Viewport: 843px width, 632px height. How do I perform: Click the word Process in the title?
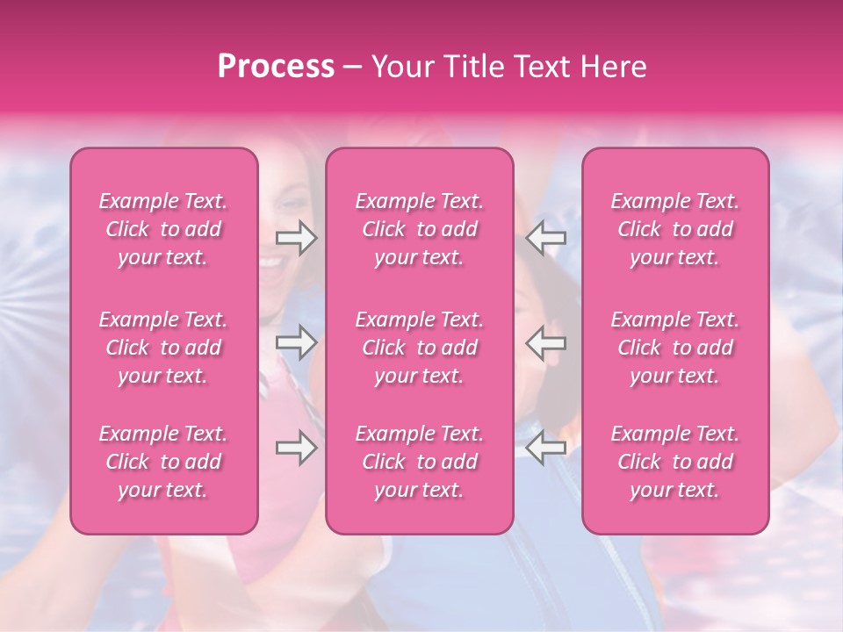tap(276, 67)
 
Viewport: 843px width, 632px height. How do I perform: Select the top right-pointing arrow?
tap(296, 239)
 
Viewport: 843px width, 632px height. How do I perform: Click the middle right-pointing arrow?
tap(296, 342)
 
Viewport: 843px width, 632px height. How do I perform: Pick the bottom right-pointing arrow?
tap(296, 448)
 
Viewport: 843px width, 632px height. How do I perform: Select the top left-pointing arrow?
tap(546, 239)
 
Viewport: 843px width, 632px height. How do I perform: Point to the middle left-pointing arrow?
tap(546, 342)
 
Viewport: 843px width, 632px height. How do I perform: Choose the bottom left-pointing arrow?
tap(546, 448)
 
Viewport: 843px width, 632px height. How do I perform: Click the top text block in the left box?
tap(163, 229)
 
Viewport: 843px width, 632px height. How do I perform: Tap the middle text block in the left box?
tap(163, 348)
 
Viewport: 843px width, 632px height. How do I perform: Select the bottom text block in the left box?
tap(163, 462)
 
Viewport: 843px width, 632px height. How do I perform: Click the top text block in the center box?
tap(420, 229)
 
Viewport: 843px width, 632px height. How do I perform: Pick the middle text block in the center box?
tap(420, 348)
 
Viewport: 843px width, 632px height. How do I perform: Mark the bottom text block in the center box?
tap(420, 462)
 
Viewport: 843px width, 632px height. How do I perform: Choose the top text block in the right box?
tap(675, 229)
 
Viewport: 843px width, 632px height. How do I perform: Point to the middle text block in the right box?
tap(675, 348)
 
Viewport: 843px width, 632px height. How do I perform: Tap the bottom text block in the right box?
tap(675, 462)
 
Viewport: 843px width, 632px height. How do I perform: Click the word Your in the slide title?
tap(400, 67)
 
